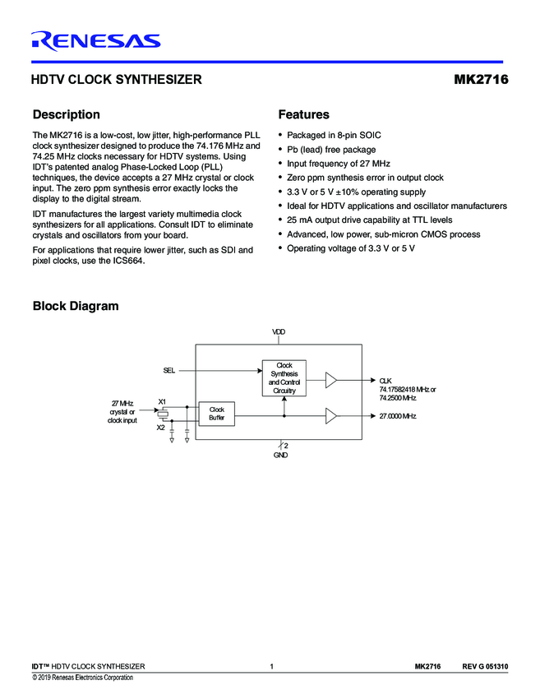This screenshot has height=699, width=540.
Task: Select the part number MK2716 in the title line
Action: pos(481,81)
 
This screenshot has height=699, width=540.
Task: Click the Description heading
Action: pos(66,114)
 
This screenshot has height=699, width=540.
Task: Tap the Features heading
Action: pos(303,114)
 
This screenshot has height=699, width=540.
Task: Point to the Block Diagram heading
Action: pos(75,306)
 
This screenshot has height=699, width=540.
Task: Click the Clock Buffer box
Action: pos(217,414)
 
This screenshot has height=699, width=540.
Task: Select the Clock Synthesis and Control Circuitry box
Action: pos(284,377)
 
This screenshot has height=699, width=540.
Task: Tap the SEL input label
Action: pos(168,371)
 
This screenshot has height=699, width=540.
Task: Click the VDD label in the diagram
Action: pos(279,331)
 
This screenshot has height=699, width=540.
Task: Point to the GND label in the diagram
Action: pos(280,455)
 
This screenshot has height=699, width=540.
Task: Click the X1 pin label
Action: pos(162,400)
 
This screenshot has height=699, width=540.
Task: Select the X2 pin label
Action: pos(161,428)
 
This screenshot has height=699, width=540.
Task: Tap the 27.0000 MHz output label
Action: pos(398,416)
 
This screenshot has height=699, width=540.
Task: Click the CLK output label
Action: pos(385,380)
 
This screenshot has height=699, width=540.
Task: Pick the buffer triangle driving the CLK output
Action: pos(330,380)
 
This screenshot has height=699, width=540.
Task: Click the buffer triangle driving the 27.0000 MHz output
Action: pos(330,416)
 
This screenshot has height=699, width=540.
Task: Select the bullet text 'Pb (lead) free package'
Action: pos(331,150)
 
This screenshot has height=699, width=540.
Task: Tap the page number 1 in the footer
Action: pos(270,665)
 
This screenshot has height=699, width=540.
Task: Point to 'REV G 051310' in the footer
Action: pos(485,665)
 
